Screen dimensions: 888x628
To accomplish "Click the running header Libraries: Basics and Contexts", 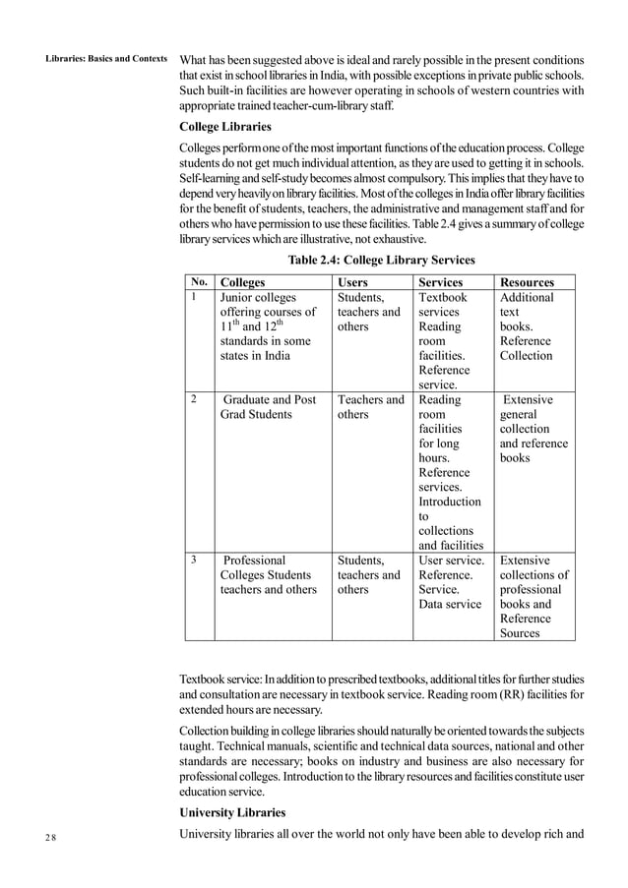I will click(107, 58).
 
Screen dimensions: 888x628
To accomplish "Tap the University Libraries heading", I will click(232, 813).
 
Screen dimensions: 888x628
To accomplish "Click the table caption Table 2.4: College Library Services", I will click(381, 261).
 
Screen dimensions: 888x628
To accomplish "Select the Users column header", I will click(352, 282).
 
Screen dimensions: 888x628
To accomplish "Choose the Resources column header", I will click(527, 282).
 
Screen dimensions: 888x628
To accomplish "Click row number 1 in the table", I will click(196, 296).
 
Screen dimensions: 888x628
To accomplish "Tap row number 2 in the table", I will click(196, 399).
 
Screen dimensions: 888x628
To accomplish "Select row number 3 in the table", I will click(196, 560).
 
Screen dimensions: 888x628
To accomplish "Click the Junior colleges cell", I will click(267, 326).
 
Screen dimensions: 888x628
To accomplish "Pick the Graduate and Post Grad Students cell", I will click(269, 407).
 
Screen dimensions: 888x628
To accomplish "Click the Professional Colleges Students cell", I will click(268, 575).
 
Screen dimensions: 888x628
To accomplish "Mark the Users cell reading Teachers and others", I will click(370, 407).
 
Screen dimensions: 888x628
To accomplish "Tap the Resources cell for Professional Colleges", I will click(534, 597).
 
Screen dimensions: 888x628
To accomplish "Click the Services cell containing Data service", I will click(451, 582).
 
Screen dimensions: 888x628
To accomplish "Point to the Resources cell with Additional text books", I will click(527, 326).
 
